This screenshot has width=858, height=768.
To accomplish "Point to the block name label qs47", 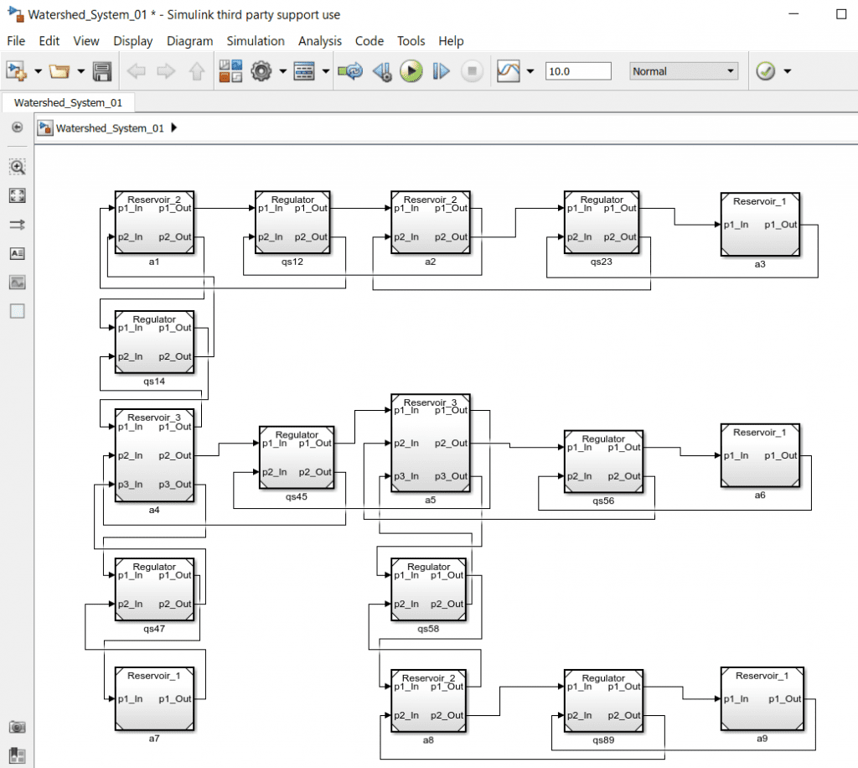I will [154, 629].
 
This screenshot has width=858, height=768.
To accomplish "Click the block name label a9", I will [761, 738].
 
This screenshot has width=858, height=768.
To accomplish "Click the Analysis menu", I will [320, 41].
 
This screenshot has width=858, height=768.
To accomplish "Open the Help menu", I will [451, 41].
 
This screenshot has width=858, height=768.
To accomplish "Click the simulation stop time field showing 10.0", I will [577, 71].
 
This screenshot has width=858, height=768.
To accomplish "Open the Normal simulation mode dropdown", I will [684, 71].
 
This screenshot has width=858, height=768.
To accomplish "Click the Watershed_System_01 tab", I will [69, 102].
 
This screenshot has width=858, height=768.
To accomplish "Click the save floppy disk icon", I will [102, 71].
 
